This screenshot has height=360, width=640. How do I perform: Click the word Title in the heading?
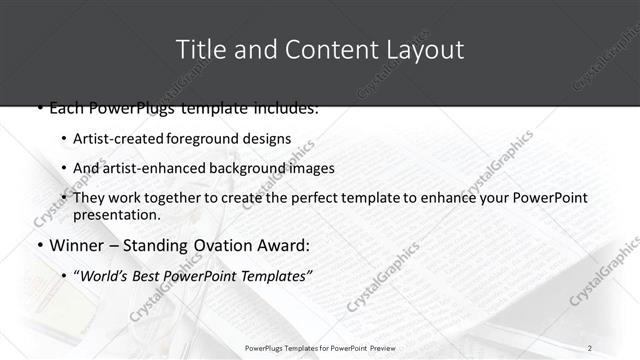(x=198, y=49)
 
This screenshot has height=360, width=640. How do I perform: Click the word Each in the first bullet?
(x=66, y=107)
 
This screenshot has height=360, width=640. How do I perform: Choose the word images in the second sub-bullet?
(x=312, y=168)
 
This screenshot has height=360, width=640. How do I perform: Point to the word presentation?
(x=116, y=215)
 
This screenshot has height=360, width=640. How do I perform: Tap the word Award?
(x=285, y=245)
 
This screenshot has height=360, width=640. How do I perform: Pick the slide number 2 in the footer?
(x=590, y=347)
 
